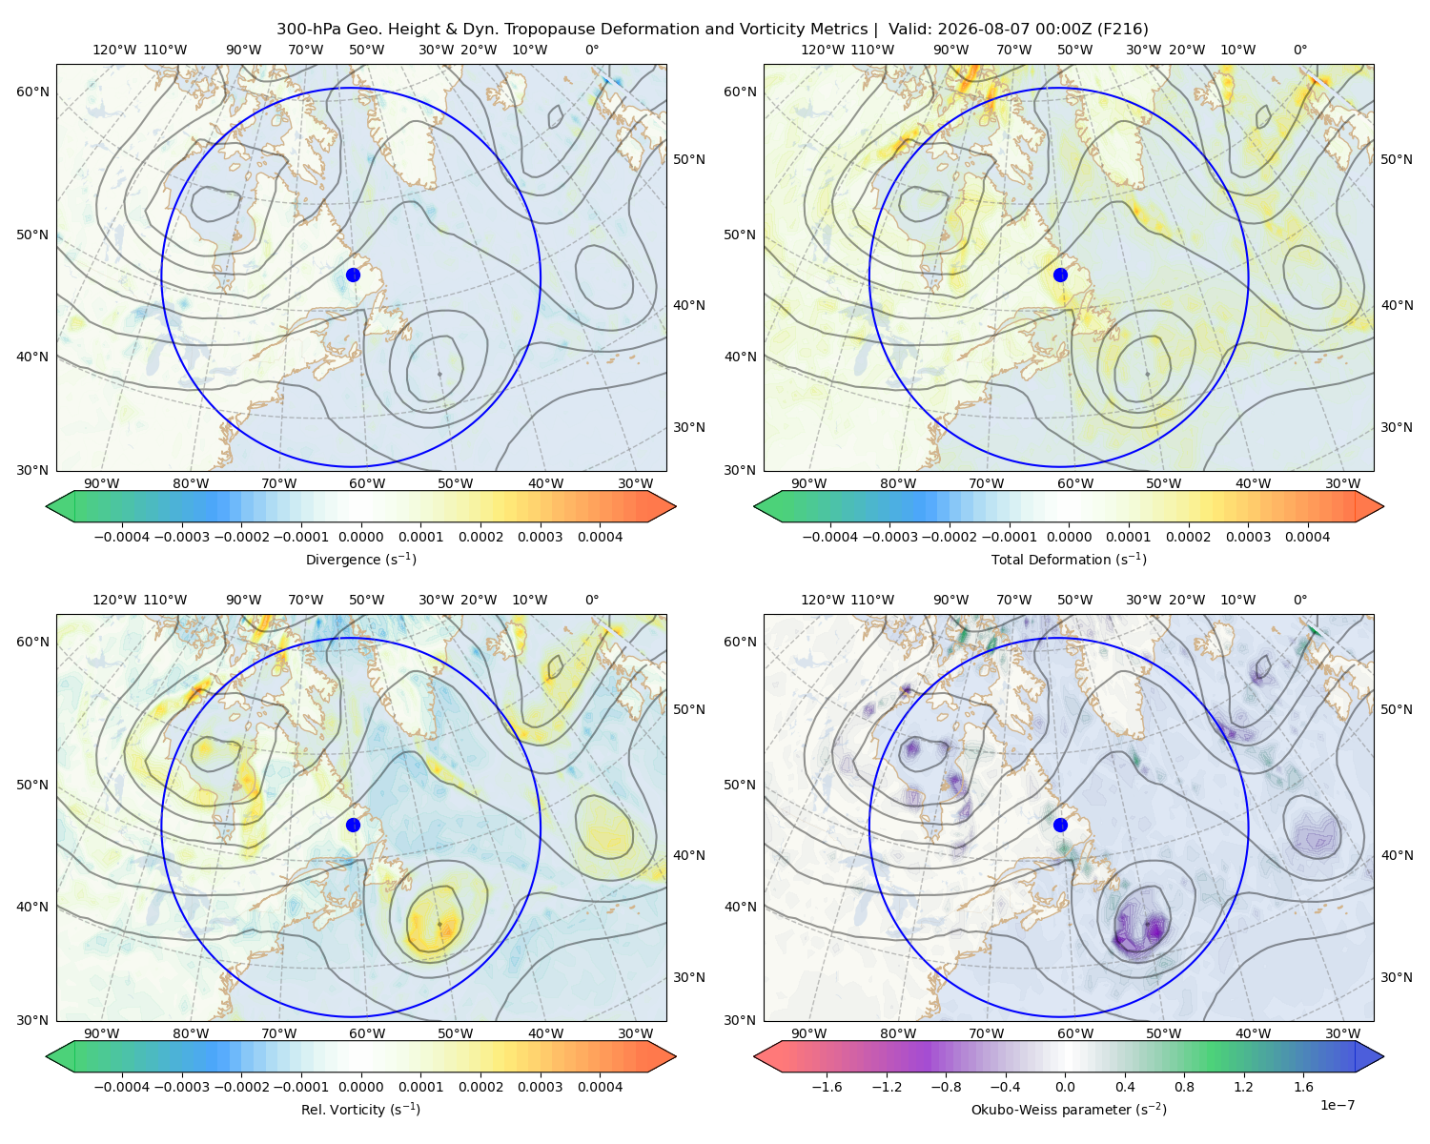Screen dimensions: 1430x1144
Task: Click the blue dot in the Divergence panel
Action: (x=353, y=275)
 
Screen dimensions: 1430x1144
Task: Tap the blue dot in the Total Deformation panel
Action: (x=1060, y=275)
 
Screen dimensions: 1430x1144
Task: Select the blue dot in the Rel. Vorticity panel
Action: (x=353, y=825)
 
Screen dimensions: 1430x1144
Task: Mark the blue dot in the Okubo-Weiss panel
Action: (x=1060, y=825)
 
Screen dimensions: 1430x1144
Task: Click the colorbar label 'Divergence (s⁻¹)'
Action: (x=360, y=559)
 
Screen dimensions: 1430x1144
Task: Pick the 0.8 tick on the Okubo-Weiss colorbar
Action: (x=1184, y=1086)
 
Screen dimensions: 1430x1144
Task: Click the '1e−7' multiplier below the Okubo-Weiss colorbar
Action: (x=1337, y=1105)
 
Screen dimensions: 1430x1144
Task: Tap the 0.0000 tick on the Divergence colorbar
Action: (x=360, y=537)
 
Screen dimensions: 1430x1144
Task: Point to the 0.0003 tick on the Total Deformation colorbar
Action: (x=1248, y=537)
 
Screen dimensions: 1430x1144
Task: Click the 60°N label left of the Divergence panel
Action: (x=32, y=92)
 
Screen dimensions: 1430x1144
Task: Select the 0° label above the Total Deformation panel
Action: (x=1299, y=50)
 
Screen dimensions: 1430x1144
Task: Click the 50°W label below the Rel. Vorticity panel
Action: (x=455, y=1033)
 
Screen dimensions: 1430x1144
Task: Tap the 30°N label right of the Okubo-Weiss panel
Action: (x=1396, y=977)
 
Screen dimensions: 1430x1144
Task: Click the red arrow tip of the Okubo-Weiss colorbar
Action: (x=755, y=1056)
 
